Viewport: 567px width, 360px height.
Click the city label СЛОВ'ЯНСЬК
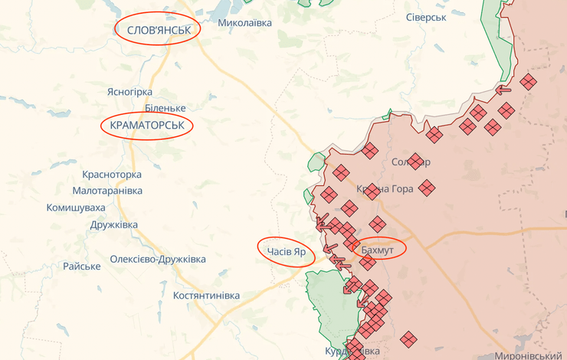click(x=157, y=29)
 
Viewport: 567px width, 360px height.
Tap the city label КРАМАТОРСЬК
click(x=146, y=124)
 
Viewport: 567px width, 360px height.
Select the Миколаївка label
click(x=244, y=23)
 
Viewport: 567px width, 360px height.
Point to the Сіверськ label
click(x=425, y=16)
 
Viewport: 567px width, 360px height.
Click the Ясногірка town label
click(x=129, y=92)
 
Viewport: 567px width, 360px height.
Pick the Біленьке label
click(x=165, y=108)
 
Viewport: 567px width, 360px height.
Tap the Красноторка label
click(x=112, y=174)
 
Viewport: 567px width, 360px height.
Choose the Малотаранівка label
click(x=107, y=190)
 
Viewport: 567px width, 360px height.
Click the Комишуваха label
click(x=76, y=207)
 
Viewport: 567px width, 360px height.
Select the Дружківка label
click(x=113, y=224)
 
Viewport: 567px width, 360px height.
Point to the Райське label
click(x=82, y=266)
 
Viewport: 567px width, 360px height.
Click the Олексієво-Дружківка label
click(x=158, y=259)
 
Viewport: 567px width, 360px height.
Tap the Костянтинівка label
click(x=206, y=295)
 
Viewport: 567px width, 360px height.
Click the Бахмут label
click(x=377, y=250)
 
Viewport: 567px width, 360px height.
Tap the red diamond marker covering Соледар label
click(x=415, y=162)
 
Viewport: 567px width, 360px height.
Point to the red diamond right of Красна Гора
click(x=427, y=188)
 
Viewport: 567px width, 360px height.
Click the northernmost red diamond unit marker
click(x=527, y=81)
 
